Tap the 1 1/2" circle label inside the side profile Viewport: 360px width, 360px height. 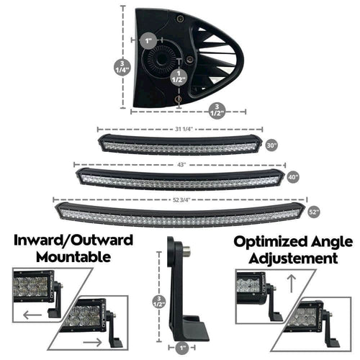[x=176, y=77]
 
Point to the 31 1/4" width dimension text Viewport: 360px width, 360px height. [x=183, y=129]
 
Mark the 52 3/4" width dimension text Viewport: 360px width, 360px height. [x=183, y=199]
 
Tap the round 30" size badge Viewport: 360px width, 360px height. [x=271, y=145]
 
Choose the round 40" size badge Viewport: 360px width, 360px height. [x=292, y=177]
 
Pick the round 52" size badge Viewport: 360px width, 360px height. [x=313, y=212]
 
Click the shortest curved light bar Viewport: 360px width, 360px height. [x=180, y=145]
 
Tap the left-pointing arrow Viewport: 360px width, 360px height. [x=32, y=315]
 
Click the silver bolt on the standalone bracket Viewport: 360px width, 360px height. [x=186, y=251]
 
